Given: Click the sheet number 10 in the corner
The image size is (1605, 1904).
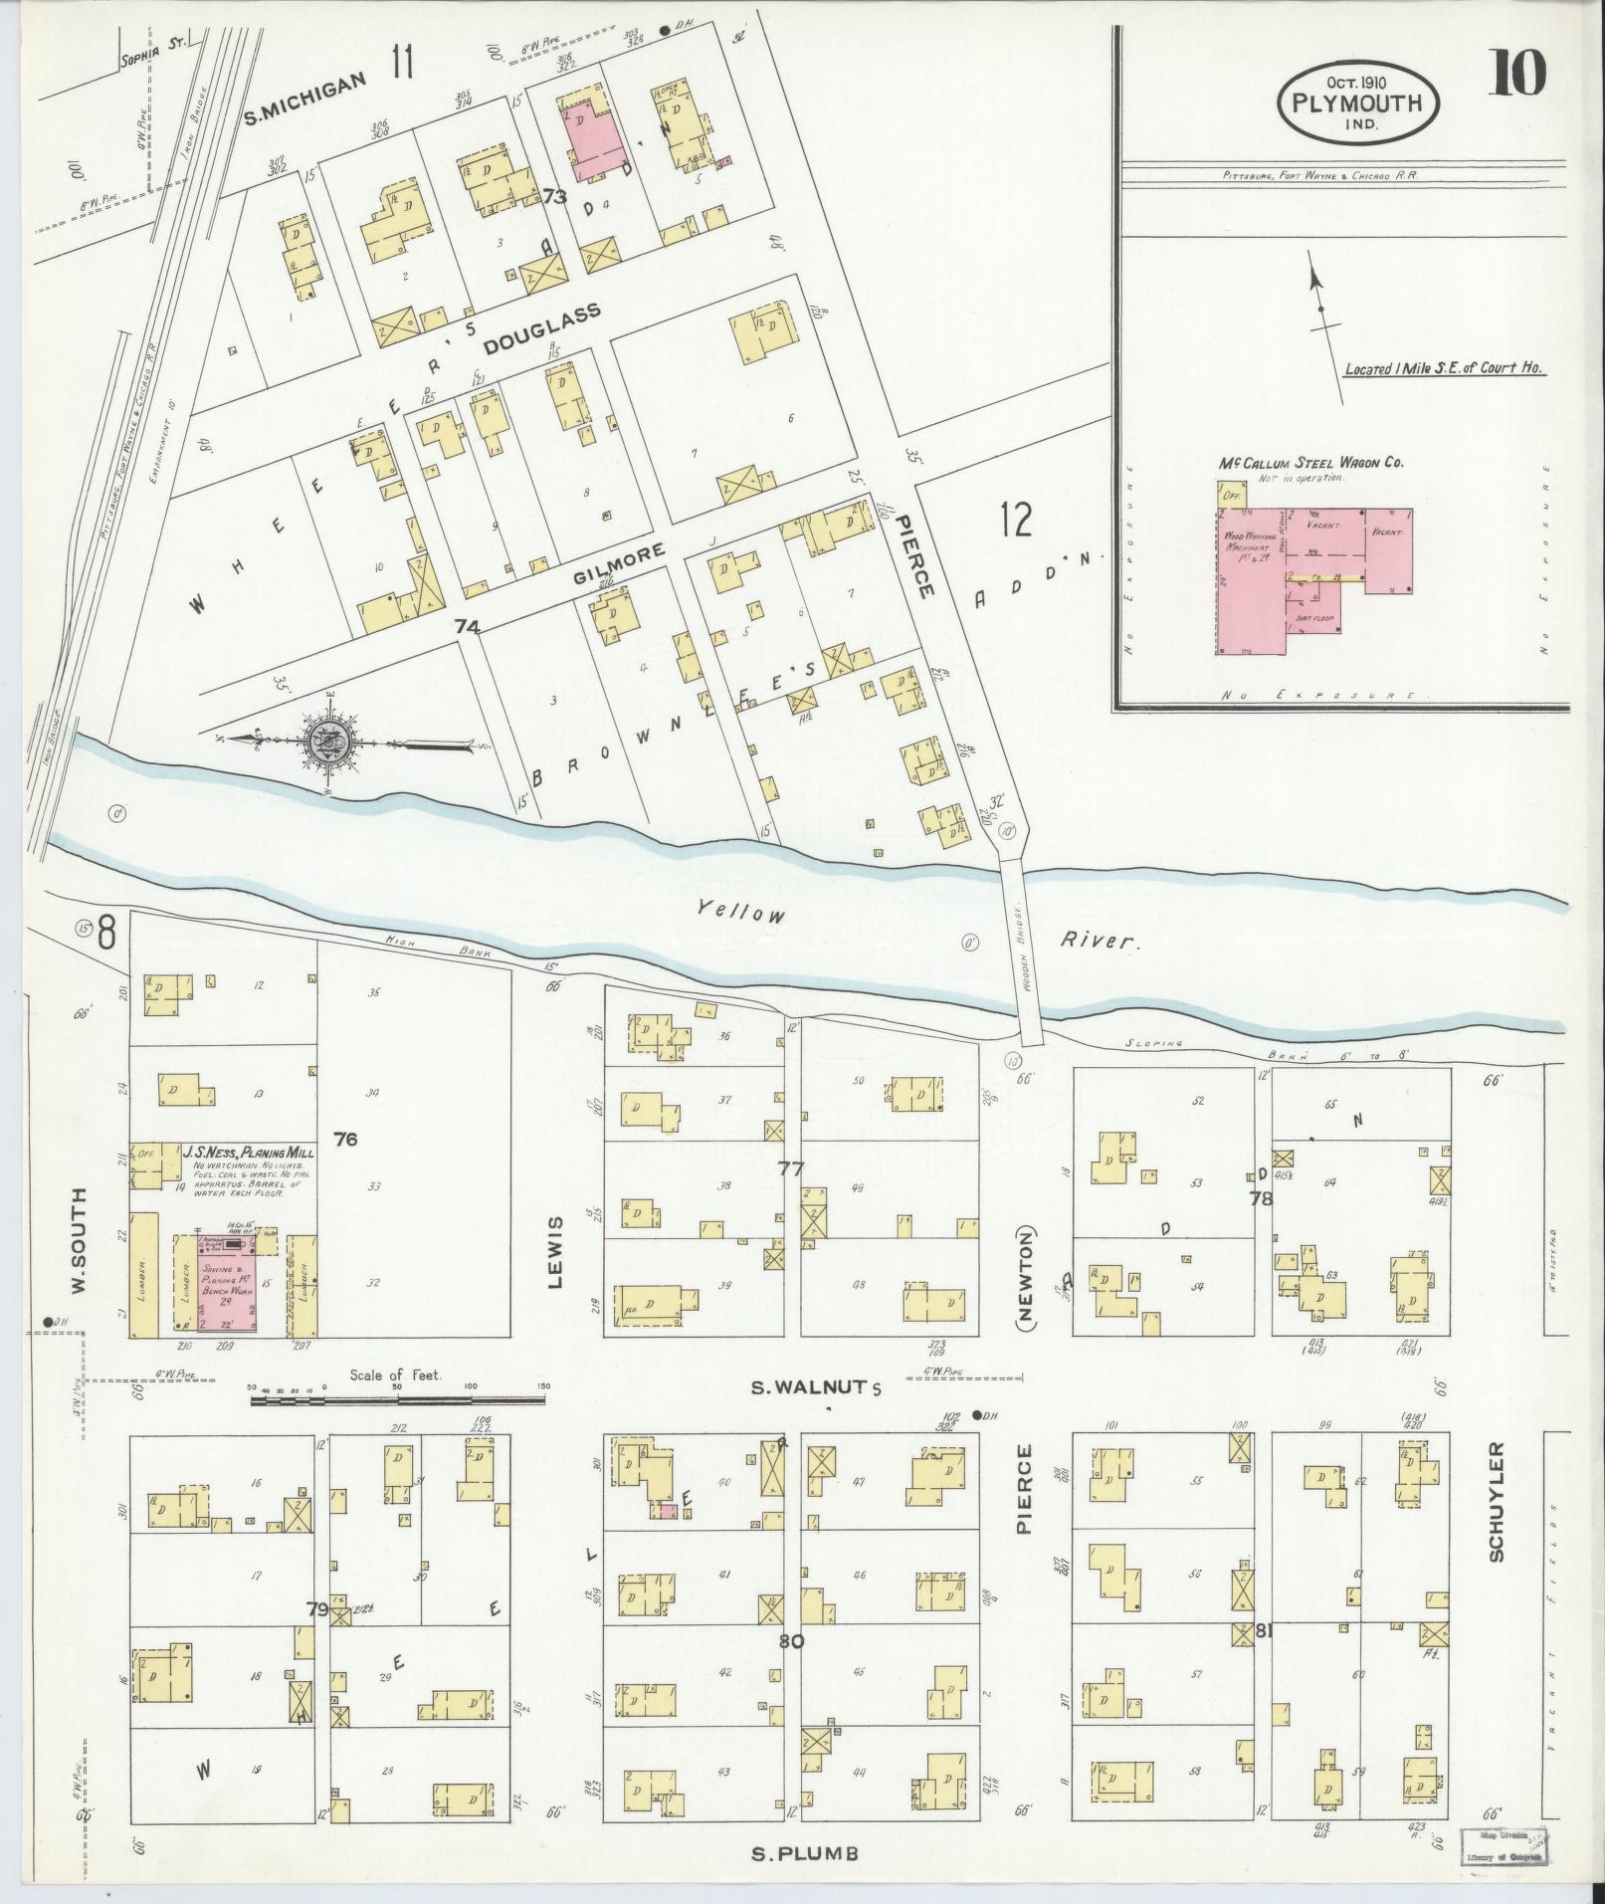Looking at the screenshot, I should coord(1516,74).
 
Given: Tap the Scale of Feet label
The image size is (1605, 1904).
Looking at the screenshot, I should coord(396,1375).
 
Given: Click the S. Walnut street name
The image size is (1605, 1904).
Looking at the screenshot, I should coord(815,1386).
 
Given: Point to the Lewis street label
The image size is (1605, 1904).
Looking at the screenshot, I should coord(555,1251).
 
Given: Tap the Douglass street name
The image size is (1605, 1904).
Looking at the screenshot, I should coord(542,329).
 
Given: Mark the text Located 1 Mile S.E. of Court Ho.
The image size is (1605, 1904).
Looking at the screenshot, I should coord(1443,368).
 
